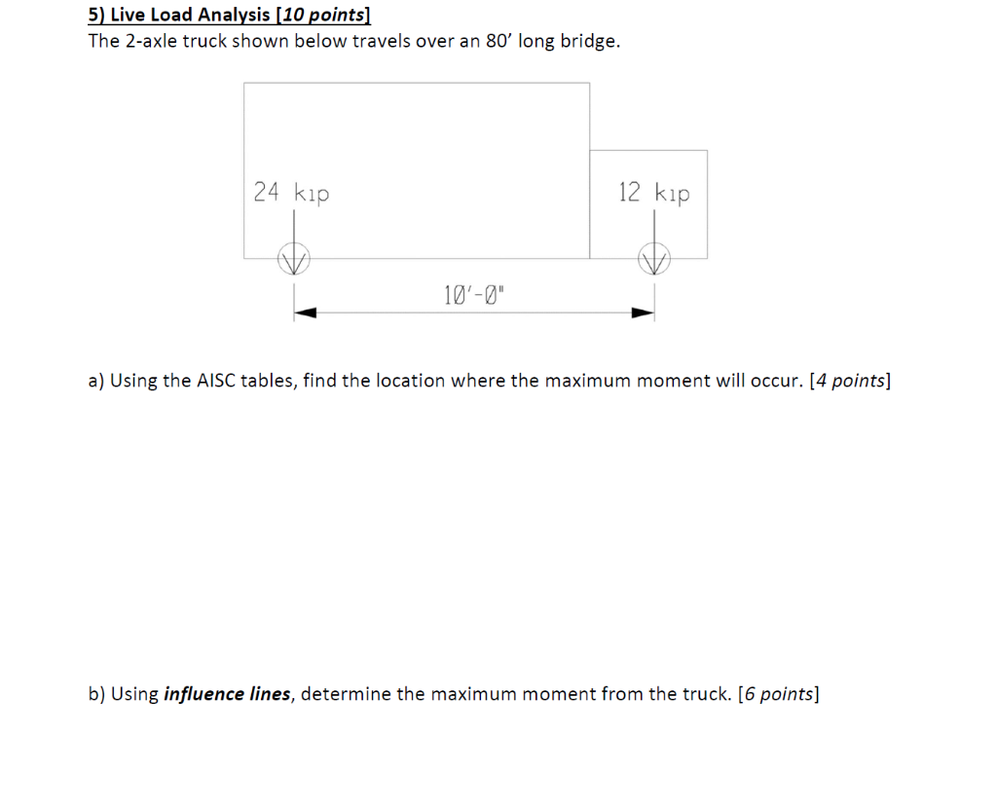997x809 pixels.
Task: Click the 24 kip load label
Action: [291, 193]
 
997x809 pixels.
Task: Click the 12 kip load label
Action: [653, 193]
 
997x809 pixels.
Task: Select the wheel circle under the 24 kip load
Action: [293, 259]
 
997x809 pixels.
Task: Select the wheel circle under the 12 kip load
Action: [654, 259]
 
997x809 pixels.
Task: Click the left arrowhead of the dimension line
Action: [306, 313]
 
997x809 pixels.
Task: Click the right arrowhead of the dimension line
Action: [642, 313]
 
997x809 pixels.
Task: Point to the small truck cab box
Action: [649, 204]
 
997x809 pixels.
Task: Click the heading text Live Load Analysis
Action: [191, 15]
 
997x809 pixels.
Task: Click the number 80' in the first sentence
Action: [497, 42]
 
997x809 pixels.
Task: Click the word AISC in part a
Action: [216, 381]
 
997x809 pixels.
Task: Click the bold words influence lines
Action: [228, 694]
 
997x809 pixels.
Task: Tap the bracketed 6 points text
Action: [779, 694]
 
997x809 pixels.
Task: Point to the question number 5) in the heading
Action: [96, 15]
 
